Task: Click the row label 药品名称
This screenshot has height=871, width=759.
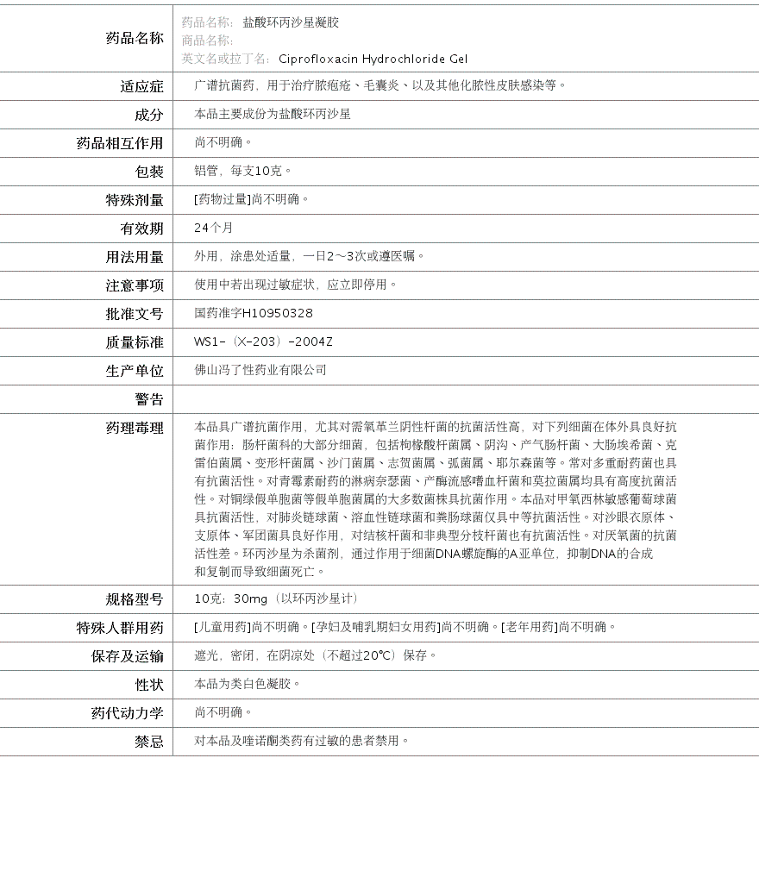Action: (134, 38)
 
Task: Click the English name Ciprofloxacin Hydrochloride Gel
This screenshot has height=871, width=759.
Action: (373, 59)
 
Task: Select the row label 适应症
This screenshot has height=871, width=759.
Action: (141, 86)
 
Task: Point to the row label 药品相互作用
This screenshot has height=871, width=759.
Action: (120, 143)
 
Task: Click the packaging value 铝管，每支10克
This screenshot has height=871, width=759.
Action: (243, 171)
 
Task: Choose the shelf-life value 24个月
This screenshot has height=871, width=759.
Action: (214, 228)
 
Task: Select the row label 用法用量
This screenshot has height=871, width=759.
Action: (134, 257)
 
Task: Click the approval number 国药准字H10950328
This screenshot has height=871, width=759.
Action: (254, 313)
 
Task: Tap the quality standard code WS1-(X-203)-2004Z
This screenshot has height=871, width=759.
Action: (263, 342)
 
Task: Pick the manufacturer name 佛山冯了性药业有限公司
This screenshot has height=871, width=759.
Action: (260, 370)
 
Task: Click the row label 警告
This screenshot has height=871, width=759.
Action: (148, 399)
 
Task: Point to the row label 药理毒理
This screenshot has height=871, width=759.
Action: (134, 428)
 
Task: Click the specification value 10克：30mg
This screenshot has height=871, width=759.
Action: (230, 598)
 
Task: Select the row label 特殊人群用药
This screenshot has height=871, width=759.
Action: (120, 628)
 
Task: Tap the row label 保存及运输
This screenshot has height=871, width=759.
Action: (127, 656)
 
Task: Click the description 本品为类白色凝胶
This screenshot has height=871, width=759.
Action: (248, 684)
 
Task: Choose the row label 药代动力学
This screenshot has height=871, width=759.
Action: (127, 713)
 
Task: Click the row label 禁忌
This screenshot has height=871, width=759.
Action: (148, 742)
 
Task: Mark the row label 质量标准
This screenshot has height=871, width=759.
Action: (134, 342)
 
